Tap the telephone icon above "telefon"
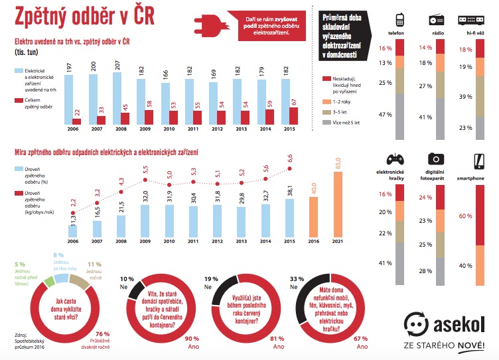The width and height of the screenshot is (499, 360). coord(400,19)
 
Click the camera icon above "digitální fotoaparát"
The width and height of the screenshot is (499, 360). coord(435,158)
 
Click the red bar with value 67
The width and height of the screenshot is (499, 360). coord(293,116)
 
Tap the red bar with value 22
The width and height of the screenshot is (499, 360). coord(76,121)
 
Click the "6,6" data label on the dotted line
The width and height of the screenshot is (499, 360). coord(289,158)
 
